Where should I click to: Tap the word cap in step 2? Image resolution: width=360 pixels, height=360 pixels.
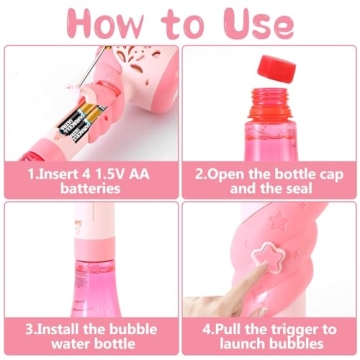click(x=317, y=172)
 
